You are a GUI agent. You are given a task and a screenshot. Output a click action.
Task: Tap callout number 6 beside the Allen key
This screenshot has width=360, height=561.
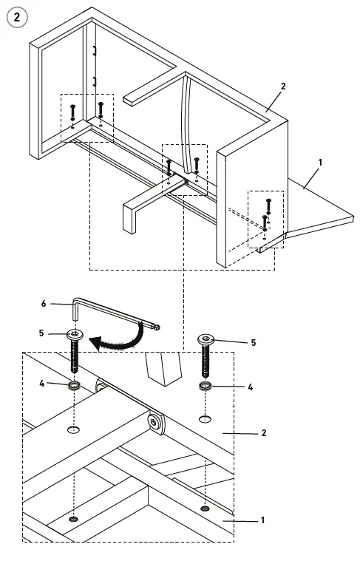44,304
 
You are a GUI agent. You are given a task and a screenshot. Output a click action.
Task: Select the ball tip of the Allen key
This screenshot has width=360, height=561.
156,326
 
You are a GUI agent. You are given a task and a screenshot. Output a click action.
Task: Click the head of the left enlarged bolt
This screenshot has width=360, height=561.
75,335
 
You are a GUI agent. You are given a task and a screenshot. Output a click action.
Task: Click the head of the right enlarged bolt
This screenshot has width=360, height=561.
206,339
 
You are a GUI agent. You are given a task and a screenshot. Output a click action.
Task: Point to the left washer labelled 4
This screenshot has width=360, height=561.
75,385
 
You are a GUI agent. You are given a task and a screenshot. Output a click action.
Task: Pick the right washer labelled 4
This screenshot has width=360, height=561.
205,386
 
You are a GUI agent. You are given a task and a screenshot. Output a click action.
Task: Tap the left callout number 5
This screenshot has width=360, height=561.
41,333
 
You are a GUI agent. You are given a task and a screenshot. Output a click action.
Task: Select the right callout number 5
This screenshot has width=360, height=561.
253,342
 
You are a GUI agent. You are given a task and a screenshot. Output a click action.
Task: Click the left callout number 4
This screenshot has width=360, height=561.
41,383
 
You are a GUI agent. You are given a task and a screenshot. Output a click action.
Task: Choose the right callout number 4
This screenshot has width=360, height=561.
250,387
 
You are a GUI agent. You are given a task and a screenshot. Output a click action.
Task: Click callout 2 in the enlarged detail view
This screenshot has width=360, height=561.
264,433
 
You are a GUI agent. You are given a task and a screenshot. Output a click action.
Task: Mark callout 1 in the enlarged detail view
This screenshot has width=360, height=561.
262,520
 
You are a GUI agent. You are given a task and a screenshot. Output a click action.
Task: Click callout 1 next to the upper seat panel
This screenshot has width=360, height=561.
319,160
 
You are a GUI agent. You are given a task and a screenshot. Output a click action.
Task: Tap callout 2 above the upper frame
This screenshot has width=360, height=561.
282,86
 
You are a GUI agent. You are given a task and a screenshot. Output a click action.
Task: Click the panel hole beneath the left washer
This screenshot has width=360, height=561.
75,429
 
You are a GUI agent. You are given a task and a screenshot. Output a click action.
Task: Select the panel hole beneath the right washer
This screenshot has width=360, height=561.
205,419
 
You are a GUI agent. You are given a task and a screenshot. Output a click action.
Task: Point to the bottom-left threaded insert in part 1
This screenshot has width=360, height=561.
74,520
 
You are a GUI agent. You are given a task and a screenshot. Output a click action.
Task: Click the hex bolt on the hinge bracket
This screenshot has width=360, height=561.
156,422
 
